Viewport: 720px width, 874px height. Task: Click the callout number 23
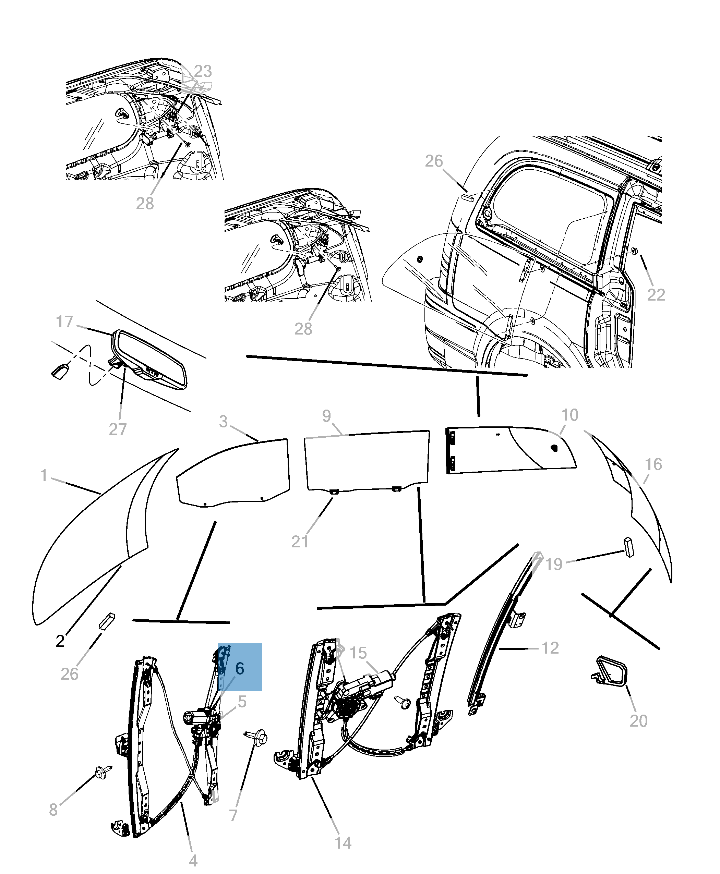point(203,71)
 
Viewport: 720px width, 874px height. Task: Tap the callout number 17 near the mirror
point(64,322)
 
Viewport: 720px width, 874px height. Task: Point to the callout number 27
point(118,429)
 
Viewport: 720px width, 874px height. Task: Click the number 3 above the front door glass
point(224,421)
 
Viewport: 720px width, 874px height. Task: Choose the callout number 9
point(326,416)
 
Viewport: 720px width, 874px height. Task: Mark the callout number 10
point(569,415)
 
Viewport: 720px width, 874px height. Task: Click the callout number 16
point(653,464)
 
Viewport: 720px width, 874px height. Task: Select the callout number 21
point(300,542)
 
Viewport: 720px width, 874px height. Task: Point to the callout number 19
point(554,564)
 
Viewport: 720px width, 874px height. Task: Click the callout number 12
point(550,648)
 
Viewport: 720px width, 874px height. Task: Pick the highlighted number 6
point(240,668)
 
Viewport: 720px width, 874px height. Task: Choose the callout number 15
point(358,653)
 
